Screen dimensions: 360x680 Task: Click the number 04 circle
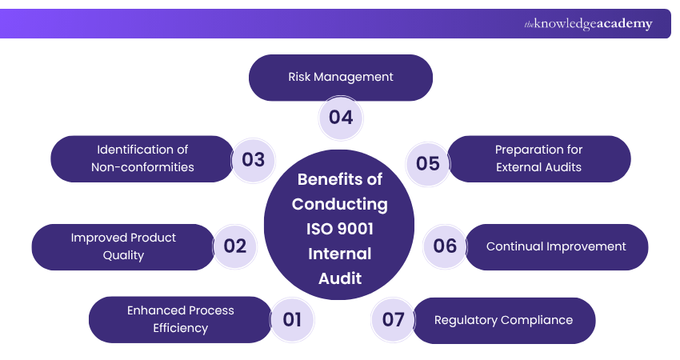coord(341,118)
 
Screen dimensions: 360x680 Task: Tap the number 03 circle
coord(253,159)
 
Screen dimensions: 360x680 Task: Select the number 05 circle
coord(428,163)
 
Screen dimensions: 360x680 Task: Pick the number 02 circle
coord(235,246)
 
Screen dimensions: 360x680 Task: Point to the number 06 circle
coord(445,246)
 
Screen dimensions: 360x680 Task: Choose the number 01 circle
coord(292,320)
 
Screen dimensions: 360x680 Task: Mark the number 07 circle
coord(393,320)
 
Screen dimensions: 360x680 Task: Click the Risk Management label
coord(341,77)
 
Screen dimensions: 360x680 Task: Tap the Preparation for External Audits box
coord(538,158)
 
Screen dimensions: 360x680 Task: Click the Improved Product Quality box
coord(123,246)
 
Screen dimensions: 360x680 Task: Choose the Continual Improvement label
coord(556,246)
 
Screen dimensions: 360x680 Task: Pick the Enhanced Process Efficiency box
coord(180,319)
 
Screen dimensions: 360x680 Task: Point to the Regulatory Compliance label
coord(503,320)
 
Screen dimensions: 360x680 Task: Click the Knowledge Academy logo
coord(588,24)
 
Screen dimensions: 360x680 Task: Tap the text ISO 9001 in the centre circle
coord(339,229)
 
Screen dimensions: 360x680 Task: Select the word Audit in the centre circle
coord(339,278)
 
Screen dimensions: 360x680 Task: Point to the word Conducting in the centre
coord(339,204)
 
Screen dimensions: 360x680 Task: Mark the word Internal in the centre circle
coord(339,254)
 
